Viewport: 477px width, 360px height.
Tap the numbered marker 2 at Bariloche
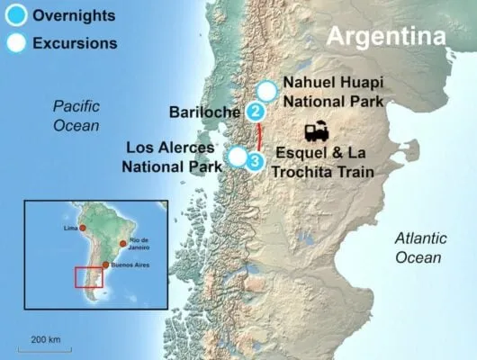pyautogui.click(x=256, y=112)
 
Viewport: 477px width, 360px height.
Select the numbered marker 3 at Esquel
pyautogui.click(x=256, y=160)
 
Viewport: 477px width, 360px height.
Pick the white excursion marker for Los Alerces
pyautogui.click(x=237, y=157)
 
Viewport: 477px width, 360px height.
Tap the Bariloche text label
pyautogui.click(x=204, y=112)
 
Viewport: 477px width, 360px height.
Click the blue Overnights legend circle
pyautogui.click(x=14, y=16)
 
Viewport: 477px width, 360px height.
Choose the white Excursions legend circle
pyautogui.click(x=14, y=42)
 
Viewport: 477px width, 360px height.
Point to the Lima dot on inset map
pyautogui.click(x=83, y=229)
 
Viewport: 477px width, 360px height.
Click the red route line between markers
pyautogui.click(x=259, y=137)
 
